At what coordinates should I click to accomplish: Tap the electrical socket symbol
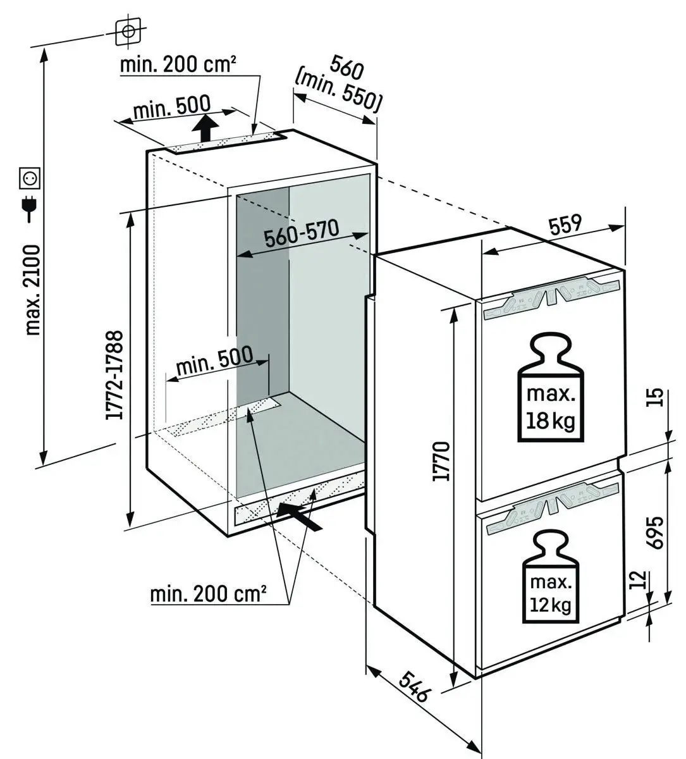click(x=30, y=178)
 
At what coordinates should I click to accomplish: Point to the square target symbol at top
click(x=128, y=31)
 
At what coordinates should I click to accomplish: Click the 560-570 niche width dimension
click(x=302, y=235)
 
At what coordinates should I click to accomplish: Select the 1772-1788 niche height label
click(x=114, y=374)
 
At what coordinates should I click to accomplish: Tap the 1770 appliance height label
click(x=442, y=461)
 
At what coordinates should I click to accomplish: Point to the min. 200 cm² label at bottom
click(x=208, y=594)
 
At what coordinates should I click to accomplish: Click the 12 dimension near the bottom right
click(x=639, y=579)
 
